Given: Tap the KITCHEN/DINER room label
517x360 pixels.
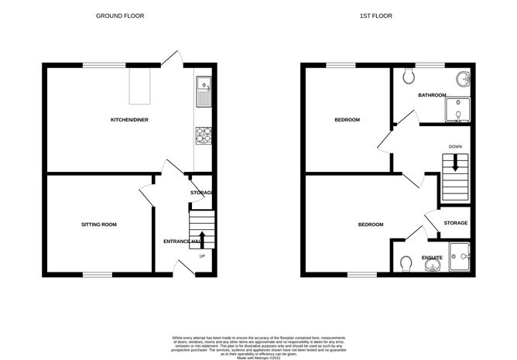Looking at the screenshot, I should tap(129, 120).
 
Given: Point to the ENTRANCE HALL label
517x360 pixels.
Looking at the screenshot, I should tap(182, 242).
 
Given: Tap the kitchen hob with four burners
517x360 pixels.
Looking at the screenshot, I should tap(204, 135).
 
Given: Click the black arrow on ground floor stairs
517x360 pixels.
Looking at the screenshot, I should tap(203, 237).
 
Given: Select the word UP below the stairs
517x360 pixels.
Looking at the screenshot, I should tap(203, 256).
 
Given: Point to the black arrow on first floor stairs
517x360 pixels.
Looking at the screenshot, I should tap(455, 163).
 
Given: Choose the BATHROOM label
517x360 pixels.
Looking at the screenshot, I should tap(432, 95).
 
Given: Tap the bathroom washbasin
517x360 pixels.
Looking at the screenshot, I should tap(463, 78).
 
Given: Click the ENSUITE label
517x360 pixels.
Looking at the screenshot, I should tap(432, 257).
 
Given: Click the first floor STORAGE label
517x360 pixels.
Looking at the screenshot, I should tap(456, 223).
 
